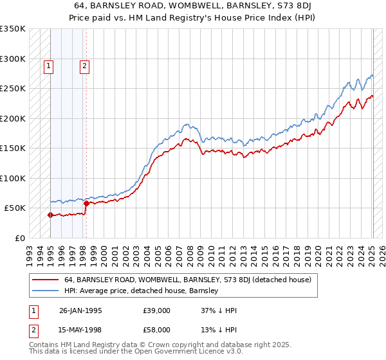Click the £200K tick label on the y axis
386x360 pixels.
12,118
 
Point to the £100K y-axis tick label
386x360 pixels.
12,178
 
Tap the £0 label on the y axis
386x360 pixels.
19,238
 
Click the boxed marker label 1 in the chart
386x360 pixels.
50,65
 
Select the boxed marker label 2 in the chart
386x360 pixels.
85,65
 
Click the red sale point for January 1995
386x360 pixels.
50,215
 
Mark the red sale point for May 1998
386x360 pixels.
86,204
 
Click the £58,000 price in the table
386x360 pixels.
157,330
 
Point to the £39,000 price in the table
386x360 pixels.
157,310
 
